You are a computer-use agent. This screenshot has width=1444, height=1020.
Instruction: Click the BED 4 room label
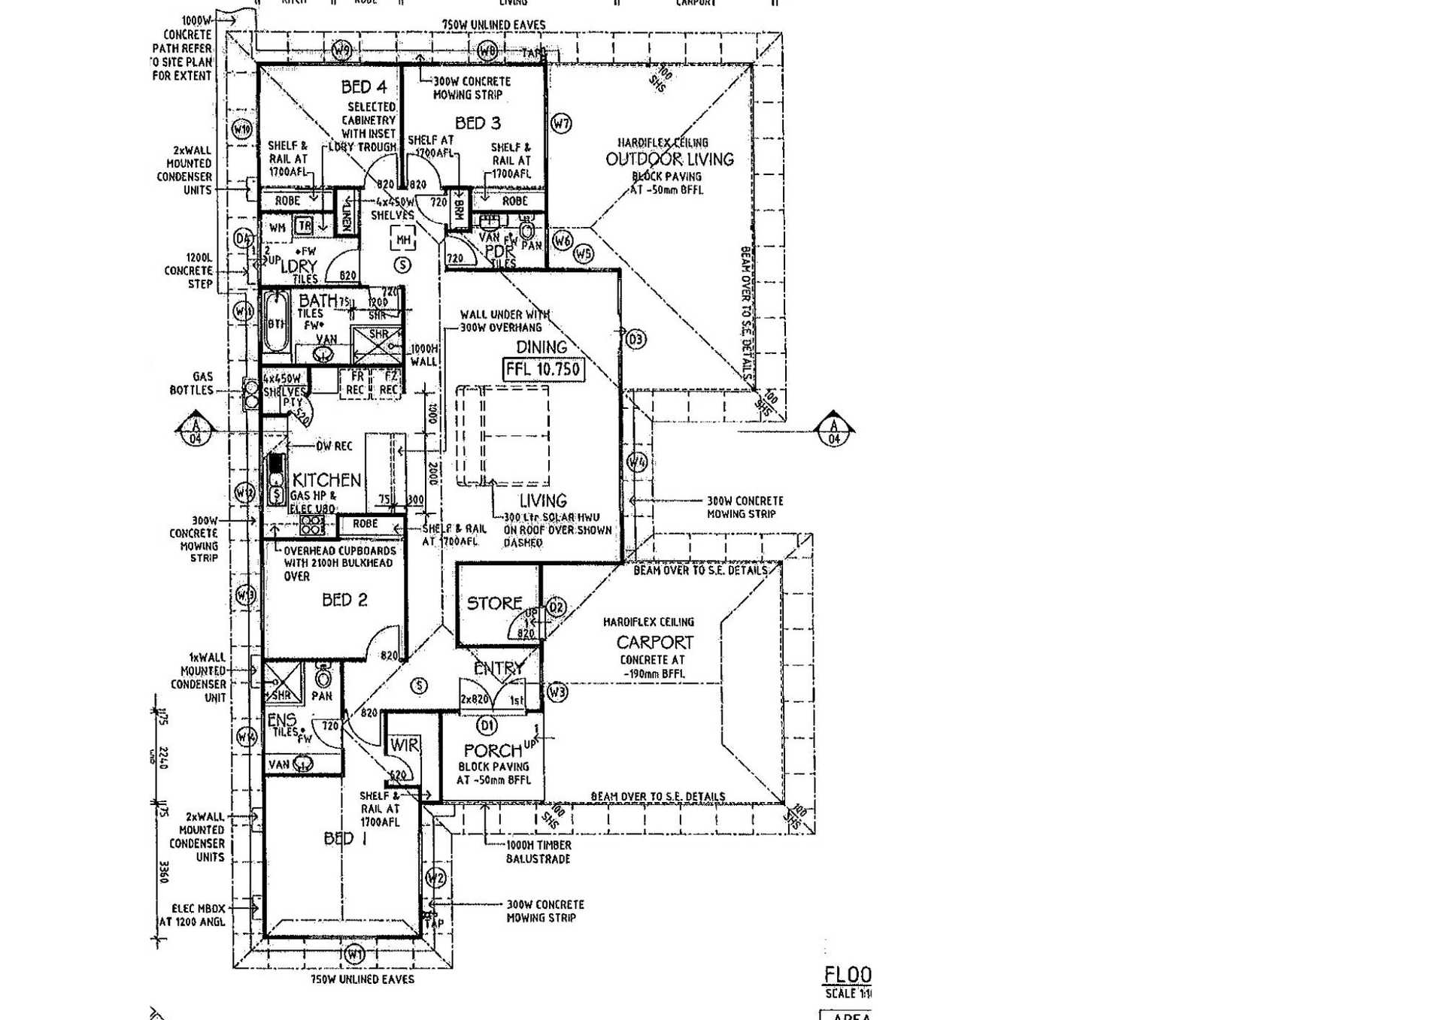(x=364, y=87)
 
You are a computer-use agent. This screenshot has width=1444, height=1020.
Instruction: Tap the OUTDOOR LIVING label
(x=669, y=159)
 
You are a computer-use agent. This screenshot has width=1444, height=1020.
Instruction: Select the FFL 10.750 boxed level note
(x=543, y=369)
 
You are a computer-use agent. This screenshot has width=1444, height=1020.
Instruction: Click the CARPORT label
(x=654, y=643)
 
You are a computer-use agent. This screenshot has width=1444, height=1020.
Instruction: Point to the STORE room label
(x=494, y=603)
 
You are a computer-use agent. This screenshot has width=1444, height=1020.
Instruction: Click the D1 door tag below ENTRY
(x=487, y=725)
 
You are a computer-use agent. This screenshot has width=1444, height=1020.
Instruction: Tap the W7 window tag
(x=561, y=123)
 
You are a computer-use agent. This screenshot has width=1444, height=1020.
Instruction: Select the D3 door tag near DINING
(x=636, y=339)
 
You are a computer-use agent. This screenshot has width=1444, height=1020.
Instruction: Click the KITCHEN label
(x=326, y=480)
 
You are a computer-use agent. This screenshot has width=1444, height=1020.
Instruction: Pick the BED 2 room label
(x=344, y=600)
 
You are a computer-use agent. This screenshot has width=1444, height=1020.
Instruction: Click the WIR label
(x=404, y=745)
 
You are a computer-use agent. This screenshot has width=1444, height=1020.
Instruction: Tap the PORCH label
(x=493, y=750)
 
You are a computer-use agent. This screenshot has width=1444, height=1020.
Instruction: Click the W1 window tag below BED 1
(x=354, y=955)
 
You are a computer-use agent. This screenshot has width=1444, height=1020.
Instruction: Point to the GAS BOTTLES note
(x=192, y=383)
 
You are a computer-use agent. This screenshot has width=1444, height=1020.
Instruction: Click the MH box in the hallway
(x=403, y=240)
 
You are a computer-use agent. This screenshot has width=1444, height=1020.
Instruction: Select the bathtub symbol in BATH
(x=276, y=323)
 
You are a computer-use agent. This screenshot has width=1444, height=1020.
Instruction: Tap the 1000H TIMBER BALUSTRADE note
(x=538, y=852)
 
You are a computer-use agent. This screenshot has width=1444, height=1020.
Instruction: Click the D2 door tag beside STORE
(x=556, y=607)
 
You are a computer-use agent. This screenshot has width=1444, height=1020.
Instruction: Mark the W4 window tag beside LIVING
(x=637, y=462)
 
